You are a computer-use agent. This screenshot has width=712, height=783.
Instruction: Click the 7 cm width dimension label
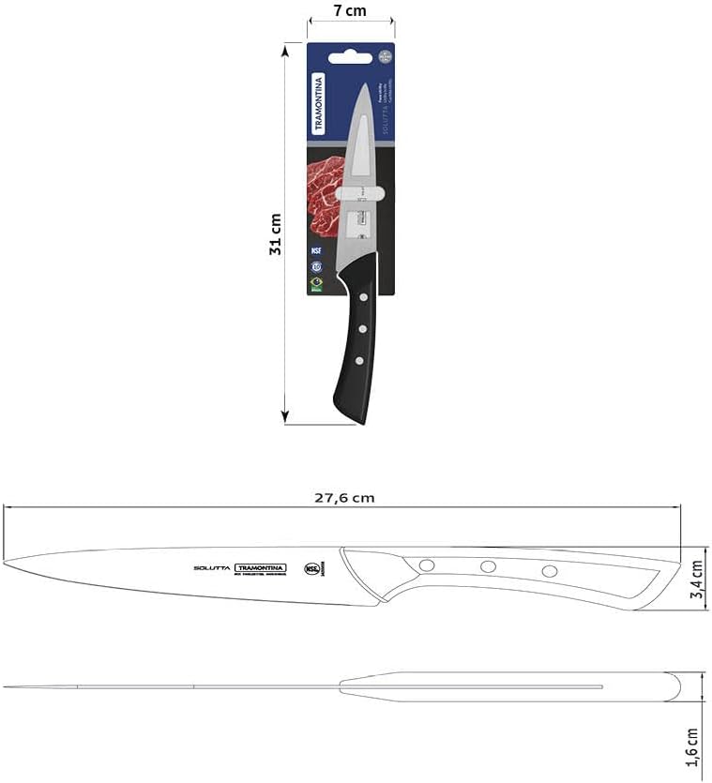click(x=350, y=11)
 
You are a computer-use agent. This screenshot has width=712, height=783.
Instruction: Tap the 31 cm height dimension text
click(x=275, y=234)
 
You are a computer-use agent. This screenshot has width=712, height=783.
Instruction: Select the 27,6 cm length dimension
click(x=343, y=498)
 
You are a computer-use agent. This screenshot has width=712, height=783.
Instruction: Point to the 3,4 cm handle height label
click(x=696, y=581)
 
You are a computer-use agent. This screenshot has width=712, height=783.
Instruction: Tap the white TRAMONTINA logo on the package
click(x=318, y=105)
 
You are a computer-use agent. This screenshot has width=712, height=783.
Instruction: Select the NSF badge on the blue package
click(x=316, y=250)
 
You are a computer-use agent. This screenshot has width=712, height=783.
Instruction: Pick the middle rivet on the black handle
click(x=360, y=328)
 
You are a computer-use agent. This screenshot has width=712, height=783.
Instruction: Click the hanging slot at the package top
click(x=350, y=55)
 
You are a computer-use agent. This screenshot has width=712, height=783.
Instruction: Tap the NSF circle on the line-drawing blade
click(x=311, y=568)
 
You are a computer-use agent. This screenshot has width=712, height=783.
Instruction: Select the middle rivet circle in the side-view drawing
click(x=488, y=566)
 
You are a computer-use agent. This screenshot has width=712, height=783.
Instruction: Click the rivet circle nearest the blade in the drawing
click(x=427, y=565)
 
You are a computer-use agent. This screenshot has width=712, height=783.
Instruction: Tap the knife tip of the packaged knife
click(x=366, y=86)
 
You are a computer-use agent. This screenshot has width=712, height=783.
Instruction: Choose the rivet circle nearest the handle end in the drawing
click(x=550, y=570)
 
